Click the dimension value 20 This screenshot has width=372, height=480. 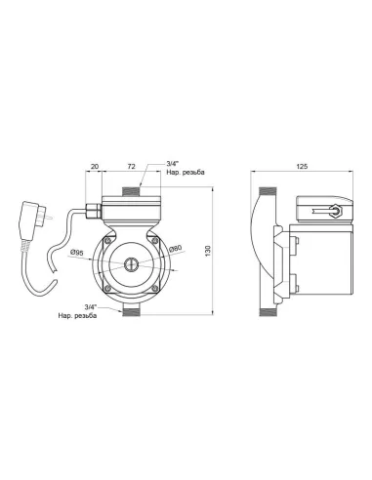click(95, 166)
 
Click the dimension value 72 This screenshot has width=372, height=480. click(131, 166)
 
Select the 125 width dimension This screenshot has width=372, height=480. click(302, 166)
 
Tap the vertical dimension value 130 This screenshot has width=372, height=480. click(208, 251)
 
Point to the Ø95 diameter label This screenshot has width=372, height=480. click(77, 252)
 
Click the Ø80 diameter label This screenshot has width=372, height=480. click(176, 249)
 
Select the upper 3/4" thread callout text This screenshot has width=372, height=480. click(186, 169)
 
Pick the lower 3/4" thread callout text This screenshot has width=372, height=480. click(77, 312)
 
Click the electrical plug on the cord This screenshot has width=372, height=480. click(31, 221)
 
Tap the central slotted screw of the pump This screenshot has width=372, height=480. click(131, 264)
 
